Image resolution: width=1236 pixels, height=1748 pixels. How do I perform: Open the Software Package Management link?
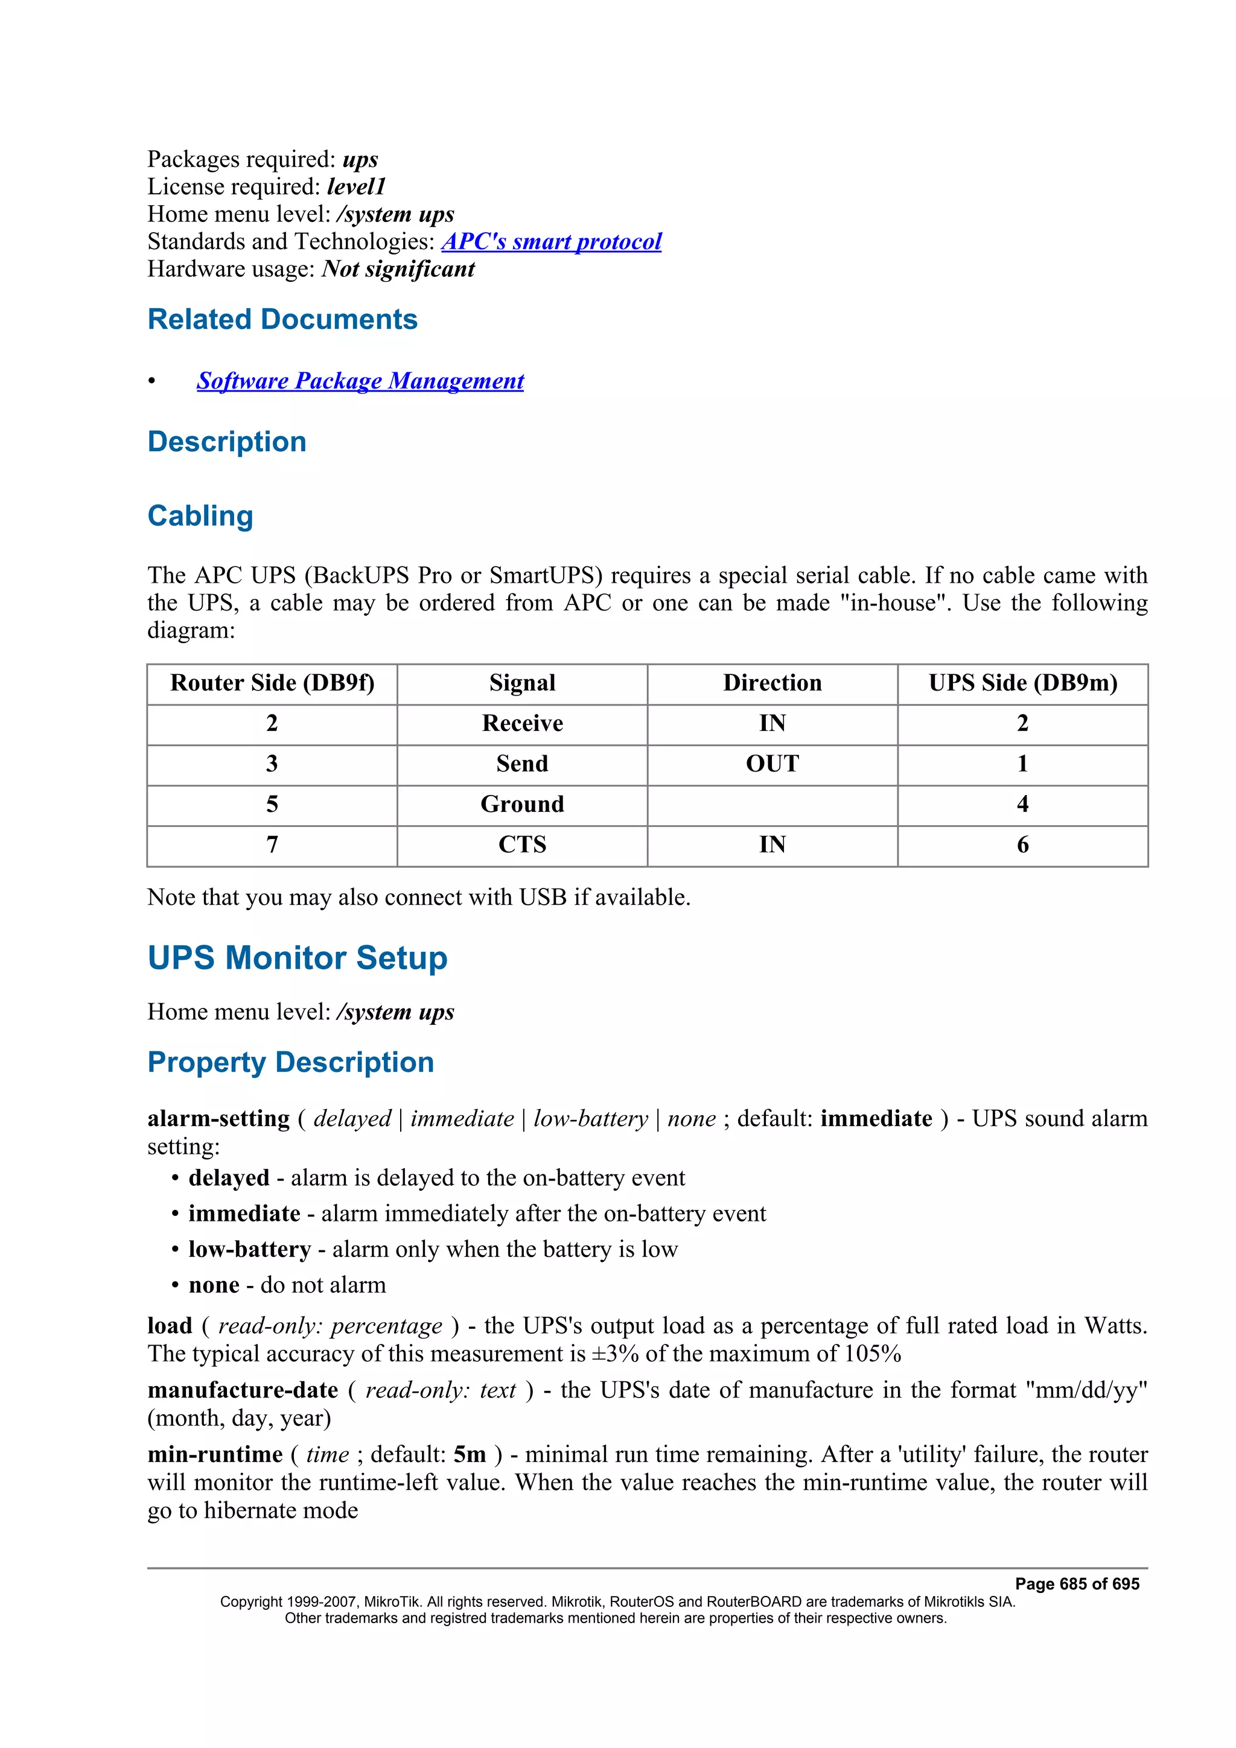(360, 381)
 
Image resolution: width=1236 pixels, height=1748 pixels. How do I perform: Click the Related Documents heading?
(282, 319)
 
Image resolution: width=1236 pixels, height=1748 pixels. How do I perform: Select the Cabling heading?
(200, 516)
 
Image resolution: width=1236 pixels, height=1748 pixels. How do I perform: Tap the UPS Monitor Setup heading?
(297, 958)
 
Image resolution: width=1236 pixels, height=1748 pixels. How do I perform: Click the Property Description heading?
(290, 1062)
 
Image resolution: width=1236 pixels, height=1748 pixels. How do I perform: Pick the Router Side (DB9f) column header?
(272, 683)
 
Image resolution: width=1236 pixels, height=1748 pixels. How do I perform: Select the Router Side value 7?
(272, 844)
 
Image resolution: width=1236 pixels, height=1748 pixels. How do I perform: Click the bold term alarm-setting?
(218, 1118)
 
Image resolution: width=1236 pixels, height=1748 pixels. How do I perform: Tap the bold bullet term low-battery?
(250, 1249)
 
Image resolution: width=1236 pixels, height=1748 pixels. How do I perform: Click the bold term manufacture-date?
(242, 1390)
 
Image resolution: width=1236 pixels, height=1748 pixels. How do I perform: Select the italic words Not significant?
(398, 269)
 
